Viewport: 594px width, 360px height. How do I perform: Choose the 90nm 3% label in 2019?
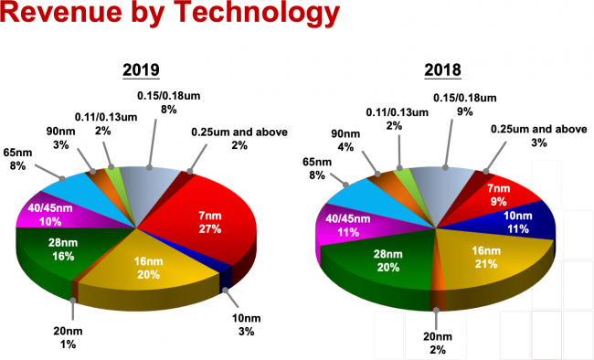click(x=61, y=138)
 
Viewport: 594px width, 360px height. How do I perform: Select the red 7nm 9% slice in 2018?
click(x=499, y=193)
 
